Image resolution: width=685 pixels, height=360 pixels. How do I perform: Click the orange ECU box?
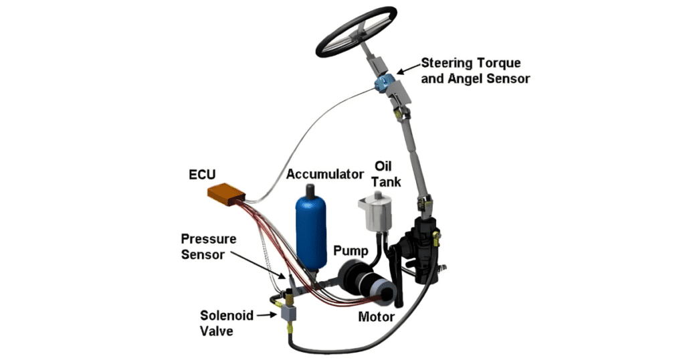(x=226, y=195)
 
